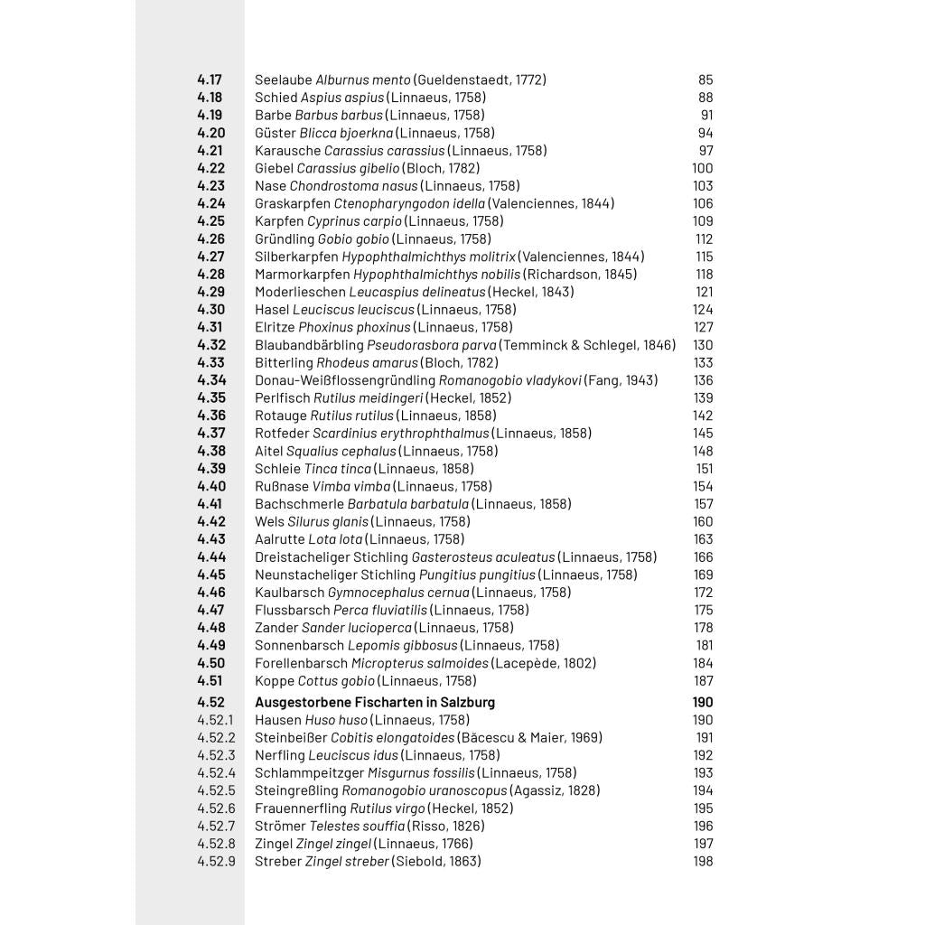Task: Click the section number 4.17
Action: click(x=210, y=79)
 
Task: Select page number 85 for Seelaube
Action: click(x=705, y=79)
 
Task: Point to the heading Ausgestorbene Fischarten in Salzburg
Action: click(x=375, y=702)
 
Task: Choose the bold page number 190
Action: click(x=703, y=702)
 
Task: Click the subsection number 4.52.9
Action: click(x=216, y=861)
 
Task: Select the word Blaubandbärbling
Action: click(x=309, y=345)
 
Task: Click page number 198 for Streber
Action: click(x=703, y=861)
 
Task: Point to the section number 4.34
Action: click(x=211, y=380)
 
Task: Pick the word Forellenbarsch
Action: click(x=301, y=663)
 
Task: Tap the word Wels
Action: click(x=269, y=521)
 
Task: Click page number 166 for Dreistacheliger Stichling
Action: click(x=703, y=557)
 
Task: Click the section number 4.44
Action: click(x=211, y=557)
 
